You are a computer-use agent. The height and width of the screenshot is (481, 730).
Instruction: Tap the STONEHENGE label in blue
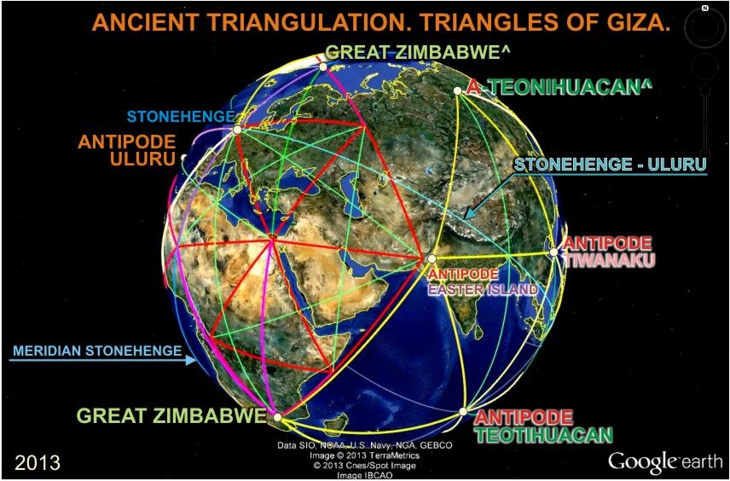[x=180, y=116]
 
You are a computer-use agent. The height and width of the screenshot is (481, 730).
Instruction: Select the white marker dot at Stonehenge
[x=237, y=130]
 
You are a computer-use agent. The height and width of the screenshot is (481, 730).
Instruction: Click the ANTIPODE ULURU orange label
[x=127, y=150]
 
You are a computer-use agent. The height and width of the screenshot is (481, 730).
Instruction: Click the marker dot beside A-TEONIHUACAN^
[x=458, y=90]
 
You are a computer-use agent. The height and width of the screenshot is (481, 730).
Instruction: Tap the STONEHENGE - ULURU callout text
[x=610, y=165]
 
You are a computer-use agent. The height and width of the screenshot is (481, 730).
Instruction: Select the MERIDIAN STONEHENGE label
[x=97, y=351]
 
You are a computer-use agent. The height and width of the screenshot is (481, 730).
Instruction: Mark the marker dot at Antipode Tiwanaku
[x=553, y=252]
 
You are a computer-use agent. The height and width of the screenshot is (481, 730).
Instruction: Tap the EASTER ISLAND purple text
[x=483, y=290]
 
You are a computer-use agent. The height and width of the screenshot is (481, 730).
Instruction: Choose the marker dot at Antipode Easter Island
[x=432, y=258]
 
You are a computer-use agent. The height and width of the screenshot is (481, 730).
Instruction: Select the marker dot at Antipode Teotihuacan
[x=463, y=412]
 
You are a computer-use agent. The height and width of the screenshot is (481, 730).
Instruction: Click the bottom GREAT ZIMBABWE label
[x=171, y=415]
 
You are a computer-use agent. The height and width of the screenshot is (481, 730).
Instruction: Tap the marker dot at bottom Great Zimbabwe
[x=278, y=417]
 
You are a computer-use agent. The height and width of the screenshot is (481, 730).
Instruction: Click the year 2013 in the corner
[x=38, y=462]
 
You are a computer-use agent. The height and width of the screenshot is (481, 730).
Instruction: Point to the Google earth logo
[x=665, y=461]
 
